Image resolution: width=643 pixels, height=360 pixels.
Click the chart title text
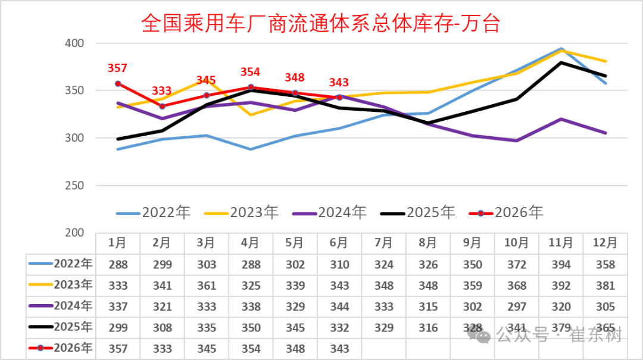tap(321, 23)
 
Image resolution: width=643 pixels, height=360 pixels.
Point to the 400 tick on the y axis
tap(74, 43)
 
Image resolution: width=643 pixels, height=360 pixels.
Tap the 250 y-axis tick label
tap(74, 185)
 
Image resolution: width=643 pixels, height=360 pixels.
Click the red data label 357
tap(117, 68)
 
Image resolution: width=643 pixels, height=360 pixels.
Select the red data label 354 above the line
tap(250, 72)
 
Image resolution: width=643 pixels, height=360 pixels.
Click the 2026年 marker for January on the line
tap(118, 84)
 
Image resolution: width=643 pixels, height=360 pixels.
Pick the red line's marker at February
tap(163, 106)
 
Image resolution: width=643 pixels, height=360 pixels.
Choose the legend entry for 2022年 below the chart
tap(154, 212)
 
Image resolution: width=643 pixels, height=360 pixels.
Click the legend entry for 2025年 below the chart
tap(418, 212)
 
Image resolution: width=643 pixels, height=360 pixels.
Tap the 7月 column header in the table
tap(384, 243)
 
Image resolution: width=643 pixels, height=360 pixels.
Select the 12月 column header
tap(605, 243)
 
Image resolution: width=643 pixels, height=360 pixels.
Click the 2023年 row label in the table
tap(61, 284)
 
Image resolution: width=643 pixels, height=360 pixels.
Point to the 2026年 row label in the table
tap(61, 348)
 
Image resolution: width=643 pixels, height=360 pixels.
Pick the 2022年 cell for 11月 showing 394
tap(561, 264)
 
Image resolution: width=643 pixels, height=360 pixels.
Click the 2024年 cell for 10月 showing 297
tap(517, 306)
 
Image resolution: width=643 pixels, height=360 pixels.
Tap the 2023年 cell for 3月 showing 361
tap(207, 286)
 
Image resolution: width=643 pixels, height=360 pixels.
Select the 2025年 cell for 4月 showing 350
tap(251, 328)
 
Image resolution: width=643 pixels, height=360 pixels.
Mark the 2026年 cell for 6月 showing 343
tap(339, 349)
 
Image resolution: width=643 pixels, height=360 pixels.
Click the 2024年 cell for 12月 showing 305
tap(605, 306)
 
